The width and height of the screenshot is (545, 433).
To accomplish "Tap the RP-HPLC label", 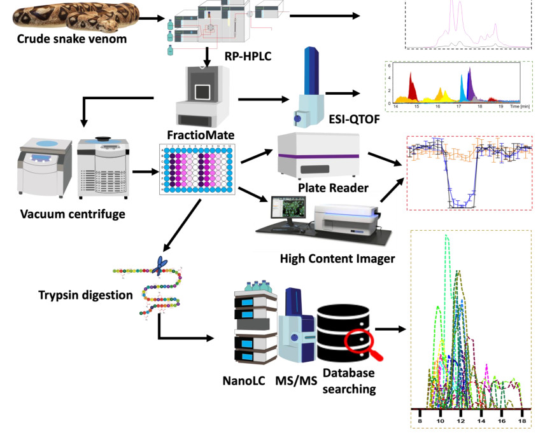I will pos(248,57).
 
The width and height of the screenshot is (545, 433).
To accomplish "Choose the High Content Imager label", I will pos(337,258).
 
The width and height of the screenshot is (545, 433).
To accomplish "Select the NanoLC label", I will pos(243,381).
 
